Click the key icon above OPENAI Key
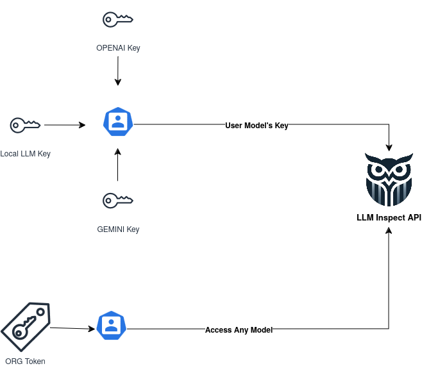click(x=118, y=20)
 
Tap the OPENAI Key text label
click(x=118, y=48)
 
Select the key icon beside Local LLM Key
click(x=26, y=125)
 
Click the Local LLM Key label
click(x=25, y=154)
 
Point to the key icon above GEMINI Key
click(x=118, y=201)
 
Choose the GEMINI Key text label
click(x=118, y=229)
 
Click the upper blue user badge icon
click(x=117, y=122)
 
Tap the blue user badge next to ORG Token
click(x=111, y=326)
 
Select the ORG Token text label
click(x=25, y=361)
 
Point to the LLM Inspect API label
click(x=389, y=218)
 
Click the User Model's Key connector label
click(x=257, y=126)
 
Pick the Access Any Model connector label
click(x=239, y=330)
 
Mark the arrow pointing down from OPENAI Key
click(x=117, y=71)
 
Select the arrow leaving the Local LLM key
click(x=64, y=125)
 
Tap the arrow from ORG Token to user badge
click(x=72, y=328)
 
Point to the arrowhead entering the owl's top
click(x=389, y=147)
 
